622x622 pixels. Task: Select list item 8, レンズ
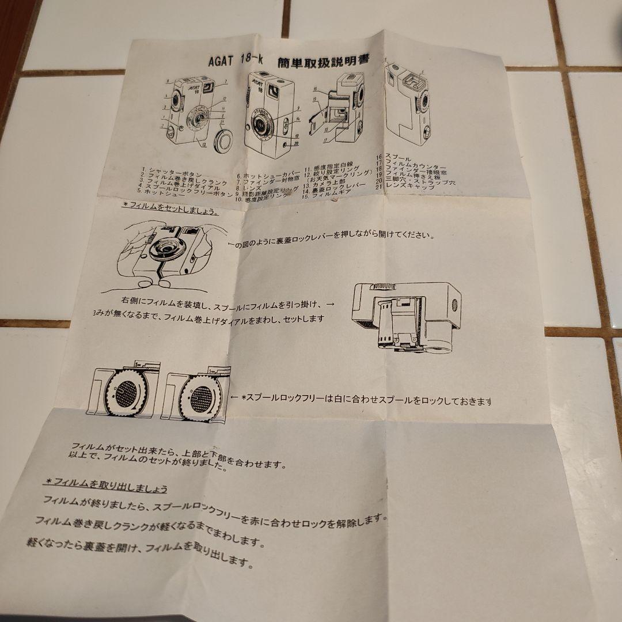pyautogui.click(x=252, y=188)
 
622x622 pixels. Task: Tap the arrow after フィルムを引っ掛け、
pyautogui.click(x=330, y=303)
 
